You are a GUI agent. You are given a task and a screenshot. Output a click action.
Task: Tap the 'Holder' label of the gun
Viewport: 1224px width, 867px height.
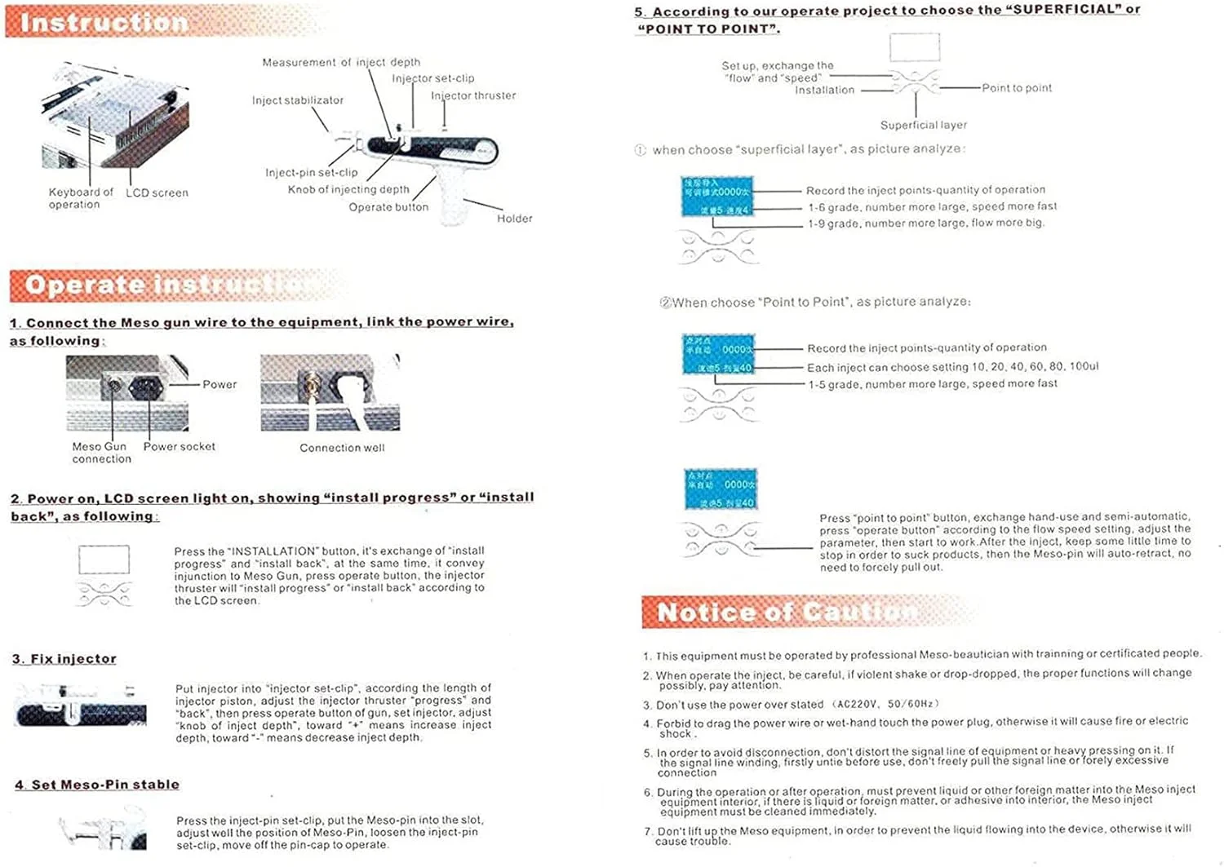pyautogui.click(x=514, y=219)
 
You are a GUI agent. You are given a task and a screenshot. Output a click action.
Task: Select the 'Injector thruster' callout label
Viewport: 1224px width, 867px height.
pyautogui.click(x=473, y=95)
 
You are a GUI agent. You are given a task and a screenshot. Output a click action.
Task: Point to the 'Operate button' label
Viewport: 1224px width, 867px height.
pyautogui.click(x=388, y=207)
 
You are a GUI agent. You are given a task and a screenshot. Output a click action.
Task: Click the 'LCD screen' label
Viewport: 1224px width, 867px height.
pyautogui.click(x=157, y=193)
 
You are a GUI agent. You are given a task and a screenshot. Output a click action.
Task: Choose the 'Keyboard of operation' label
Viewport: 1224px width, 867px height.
pyautogui.click(x=80, y=198)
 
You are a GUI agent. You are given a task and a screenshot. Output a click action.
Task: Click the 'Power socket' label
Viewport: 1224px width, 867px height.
pyautogui.click(x=180, y=447)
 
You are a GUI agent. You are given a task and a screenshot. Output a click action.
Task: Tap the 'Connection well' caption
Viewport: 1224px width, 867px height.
pyautogui.click(x=342, y=448)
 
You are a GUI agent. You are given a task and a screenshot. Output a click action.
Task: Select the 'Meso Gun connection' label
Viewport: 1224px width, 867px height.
pyautogui.click(x=100, y=453)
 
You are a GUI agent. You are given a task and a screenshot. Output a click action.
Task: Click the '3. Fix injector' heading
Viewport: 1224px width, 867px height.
pyautogui.click(x=64, y=659)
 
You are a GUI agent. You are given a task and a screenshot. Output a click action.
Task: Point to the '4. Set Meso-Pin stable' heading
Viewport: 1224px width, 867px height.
pyautogui.click(x=97, y=785)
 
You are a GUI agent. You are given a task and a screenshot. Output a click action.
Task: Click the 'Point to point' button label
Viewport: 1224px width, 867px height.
pyautogui.click(x=1017, y=88)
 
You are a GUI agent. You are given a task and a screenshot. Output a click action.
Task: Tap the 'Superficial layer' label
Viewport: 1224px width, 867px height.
pyautogui.click(x=923, y=126)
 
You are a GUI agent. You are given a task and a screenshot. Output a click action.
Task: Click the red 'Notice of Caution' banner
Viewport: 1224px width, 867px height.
pyautogui.click(x=787, y=612)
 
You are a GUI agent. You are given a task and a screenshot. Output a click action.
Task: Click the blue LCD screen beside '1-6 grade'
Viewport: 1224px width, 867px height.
pyautogui.click(x=716, y=197)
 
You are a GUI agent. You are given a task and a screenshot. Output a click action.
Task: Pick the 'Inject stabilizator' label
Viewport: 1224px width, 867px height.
pyautogui.click(x=298, y=100)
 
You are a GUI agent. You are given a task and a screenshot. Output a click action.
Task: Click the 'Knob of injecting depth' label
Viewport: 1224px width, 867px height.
pyautogui.click(x=348, y=190)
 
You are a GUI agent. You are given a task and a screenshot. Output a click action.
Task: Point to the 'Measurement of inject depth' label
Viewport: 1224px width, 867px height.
pyautogui.click(x=341, y=63)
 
